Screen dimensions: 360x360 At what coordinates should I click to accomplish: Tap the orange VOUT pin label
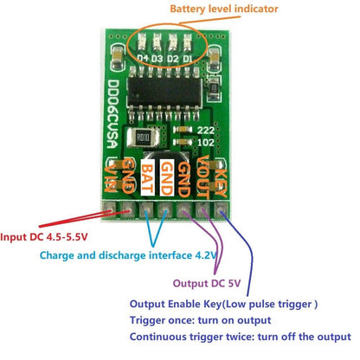200,184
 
